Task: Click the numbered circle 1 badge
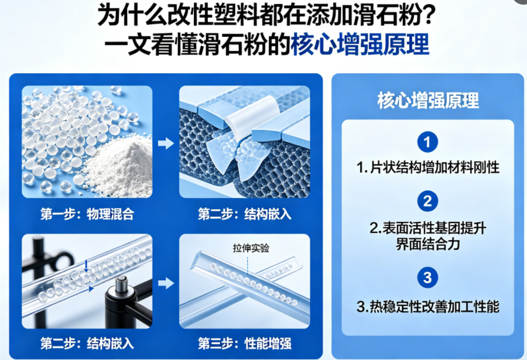(427, 142)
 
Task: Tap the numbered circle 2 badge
(427, 201)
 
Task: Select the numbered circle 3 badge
(427, 277)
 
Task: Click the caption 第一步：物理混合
(87, 214)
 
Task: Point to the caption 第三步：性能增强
(245, 344)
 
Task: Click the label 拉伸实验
(251, 248)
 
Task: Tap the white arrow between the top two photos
(166, 143)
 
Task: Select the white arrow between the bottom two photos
(166, 283)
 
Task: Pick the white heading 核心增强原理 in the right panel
(428, 100)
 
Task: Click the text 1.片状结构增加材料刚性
(428, 167)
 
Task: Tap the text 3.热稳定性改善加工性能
(428, 307)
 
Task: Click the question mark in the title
(427, 15)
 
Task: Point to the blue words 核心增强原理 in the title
(360, 44)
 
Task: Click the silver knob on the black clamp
(121, 283)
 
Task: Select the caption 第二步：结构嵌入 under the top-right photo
(245, 214)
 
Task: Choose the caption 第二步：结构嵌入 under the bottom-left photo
(87, 344)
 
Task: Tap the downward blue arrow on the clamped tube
(87, 265)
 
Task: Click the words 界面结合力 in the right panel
(428, 244)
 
